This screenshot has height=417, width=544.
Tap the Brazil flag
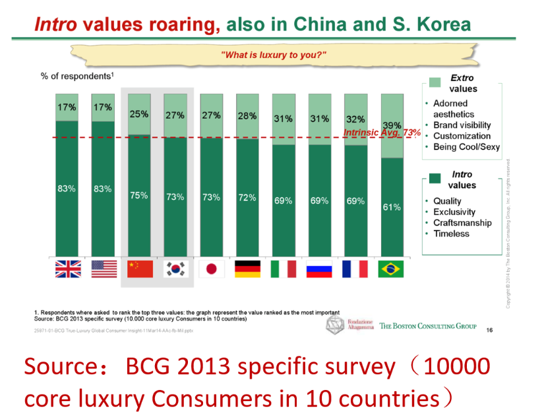click(391, 269)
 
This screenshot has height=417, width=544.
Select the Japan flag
click(212, 269)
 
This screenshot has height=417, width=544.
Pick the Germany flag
click(247, 269)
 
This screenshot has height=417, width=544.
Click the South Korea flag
click(175, 269)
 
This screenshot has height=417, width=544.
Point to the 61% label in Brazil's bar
click(392, 207)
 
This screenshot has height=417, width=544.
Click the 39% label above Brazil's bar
click(393, 125)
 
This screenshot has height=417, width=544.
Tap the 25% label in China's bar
click(139, 113)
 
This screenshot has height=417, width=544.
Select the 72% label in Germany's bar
click(247, 197)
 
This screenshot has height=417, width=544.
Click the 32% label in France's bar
click(355, 119)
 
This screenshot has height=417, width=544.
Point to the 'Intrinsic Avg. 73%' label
click(382, 133)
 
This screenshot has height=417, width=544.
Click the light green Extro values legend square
click(435, 82)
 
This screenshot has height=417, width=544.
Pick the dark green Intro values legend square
click(435, 179)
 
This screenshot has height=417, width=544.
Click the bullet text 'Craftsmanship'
click(462, 222)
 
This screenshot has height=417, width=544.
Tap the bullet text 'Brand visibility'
click(462, 125)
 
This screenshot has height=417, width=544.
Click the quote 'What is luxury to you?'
click(274, 54)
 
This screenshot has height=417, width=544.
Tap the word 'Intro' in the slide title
click(55, 25)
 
